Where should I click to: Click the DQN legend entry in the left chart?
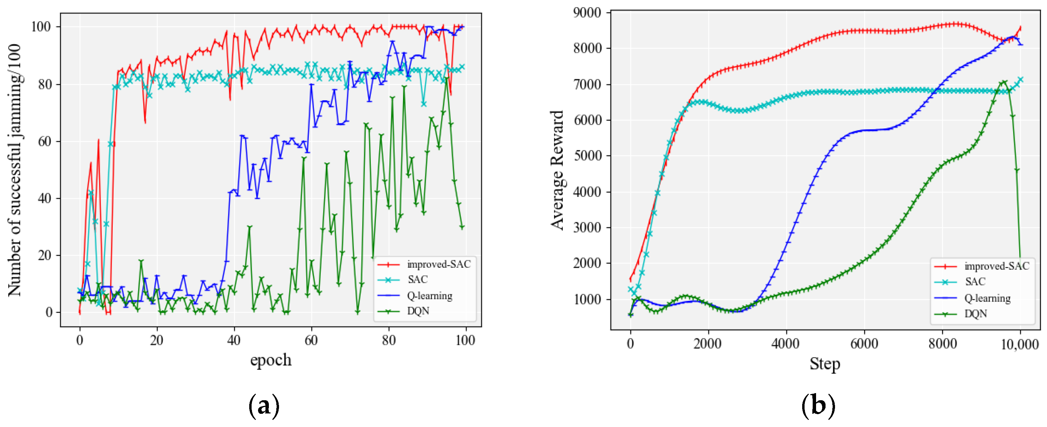418,311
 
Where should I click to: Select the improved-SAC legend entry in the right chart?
996,266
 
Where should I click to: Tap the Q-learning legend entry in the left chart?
429,296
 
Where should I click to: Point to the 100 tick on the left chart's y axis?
41,27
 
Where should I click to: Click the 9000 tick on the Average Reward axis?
586,13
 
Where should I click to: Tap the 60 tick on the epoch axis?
311,340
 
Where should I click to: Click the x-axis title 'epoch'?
271,360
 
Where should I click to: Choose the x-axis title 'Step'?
824,364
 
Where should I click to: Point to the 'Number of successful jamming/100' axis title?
15,170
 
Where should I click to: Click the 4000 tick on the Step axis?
785,344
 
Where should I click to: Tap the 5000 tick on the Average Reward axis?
586,156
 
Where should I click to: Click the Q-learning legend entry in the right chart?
987,298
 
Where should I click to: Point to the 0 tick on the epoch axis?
80,340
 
